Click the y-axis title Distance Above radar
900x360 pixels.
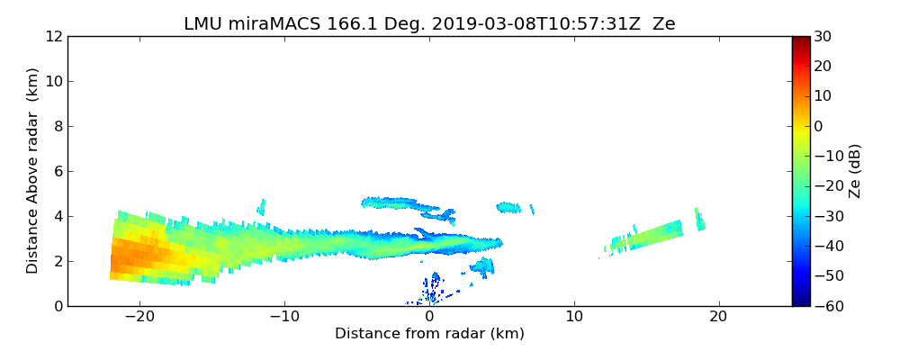point(33,170)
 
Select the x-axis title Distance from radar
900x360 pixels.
point(429,334)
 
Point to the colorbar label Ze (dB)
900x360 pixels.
point(855,170)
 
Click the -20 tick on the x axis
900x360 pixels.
point(139,318)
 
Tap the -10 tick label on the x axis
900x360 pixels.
point(284,318)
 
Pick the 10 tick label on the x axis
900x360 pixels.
point(574,318)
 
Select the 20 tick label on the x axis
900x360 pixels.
point(718,318)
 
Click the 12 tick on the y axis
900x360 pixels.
point(53,36)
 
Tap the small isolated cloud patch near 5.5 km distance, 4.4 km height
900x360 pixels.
point(508,208)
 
